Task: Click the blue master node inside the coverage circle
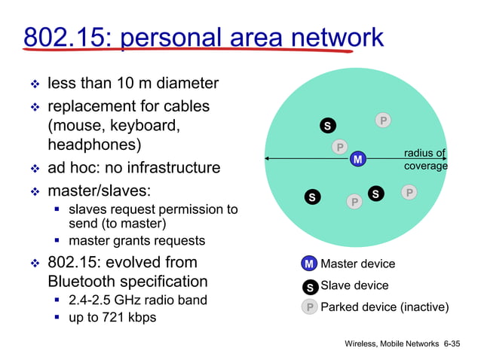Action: point(357,160)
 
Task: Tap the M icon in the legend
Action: point(308,264)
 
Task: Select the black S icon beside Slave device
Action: point(309,287)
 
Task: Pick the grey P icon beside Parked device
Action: point(309,307)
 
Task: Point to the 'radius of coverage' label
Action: point(425,160)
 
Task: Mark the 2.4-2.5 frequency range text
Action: point(93,300)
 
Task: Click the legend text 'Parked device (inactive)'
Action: point(384,307)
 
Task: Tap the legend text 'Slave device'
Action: point(354,285)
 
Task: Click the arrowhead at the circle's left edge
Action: point(266,158)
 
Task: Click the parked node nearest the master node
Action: point(340,147)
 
